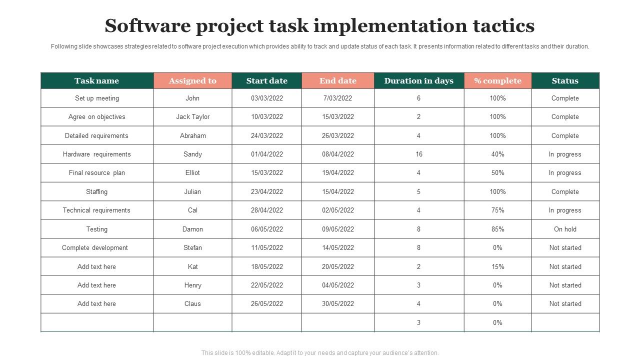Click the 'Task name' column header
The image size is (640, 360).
(x=96, y=81)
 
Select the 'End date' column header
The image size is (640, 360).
(x=338, y=81)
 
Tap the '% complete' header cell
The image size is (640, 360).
(x=497, y=81)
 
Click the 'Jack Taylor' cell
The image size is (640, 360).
(x=192, y=117)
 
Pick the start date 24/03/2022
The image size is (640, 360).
(x=267, y=135)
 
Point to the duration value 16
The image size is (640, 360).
(x=419, y=154)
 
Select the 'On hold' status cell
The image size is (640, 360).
(x=565, y=229)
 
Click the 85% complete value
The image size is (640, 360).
(x=497, y=229)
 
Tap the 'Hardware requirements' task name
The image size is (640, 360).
(x=96, y=154)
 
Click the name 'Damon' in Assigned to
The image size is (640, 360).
(x=192, y=229)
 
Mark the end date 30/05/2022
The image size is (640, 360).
(x=338, y=304)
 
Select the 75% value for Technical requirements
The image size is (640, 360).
(x=497, y=210)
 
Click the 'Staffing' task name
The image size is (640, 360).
(x=96, y=192)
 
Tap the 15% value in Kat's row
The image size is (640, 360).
(x=497, y=267)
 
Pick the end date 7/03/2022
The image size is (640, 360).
(x=338, y=98)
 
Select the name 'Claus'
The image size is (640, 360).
(x=192, y=304)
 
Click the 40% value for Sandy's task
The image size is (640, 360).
(x=497, y=154)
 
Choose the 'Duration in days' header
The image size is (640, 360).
(x=419, y=81)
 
